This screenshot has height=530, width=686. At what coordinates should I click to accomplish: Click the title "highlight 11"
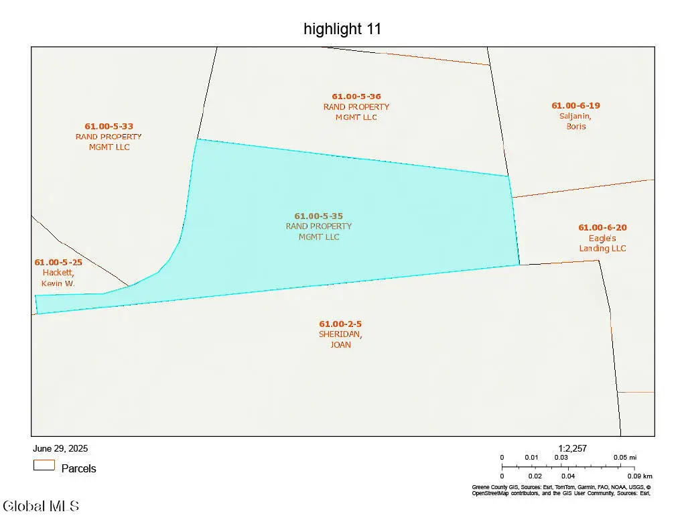pyautogui.click(x=342, y=29)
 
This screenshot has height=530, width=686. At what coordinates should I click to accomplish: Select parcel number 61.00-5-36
pyautogui.click(x=356, y=96)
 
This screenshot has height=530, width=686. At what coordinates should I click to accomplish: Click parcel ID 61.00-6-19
pyautogui.click(x=575, y=105)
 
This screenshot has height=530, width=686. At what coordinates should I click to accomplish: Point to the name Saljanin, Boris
pyautogui.click(x=575, y=121)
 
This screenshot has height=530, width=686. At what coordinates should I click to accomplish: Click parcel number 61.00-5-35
pyautogui.click(x=319, y=216)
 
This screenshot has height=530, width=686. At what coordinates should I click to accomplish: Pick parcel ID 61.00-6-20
pyautogui.click(x=602, y=228)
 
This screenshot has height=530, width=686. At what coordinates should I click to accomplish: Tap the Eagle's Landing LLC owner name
pyautogui.click(x=602, y=243)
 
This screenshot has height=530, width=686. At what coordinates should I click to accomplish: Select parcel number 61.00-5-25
pyautogui.click(x=58, y=262)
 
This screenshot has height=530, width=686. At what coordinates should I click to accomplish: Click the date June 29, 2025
pyautogui.click(x=60, y=448)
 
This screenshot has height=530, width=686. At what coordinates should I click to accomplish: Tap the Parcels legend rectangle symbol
pyautogui.click(x=44, y=465)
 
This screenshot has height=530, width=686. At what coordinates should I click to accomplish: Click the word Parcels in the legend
pyautogui.click(x=78, y=469)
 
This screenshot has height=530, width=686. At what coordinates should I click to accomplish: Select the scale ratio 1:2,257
pyautogui.click(x=572, y=448)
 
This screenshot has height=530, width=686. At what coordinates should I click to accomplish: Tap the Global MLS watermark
pyautogui.click(x=41, y=506)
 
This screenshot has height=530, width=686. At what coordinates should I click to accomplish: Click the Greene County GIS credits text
pyautogui.click(x=561, y=490)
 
